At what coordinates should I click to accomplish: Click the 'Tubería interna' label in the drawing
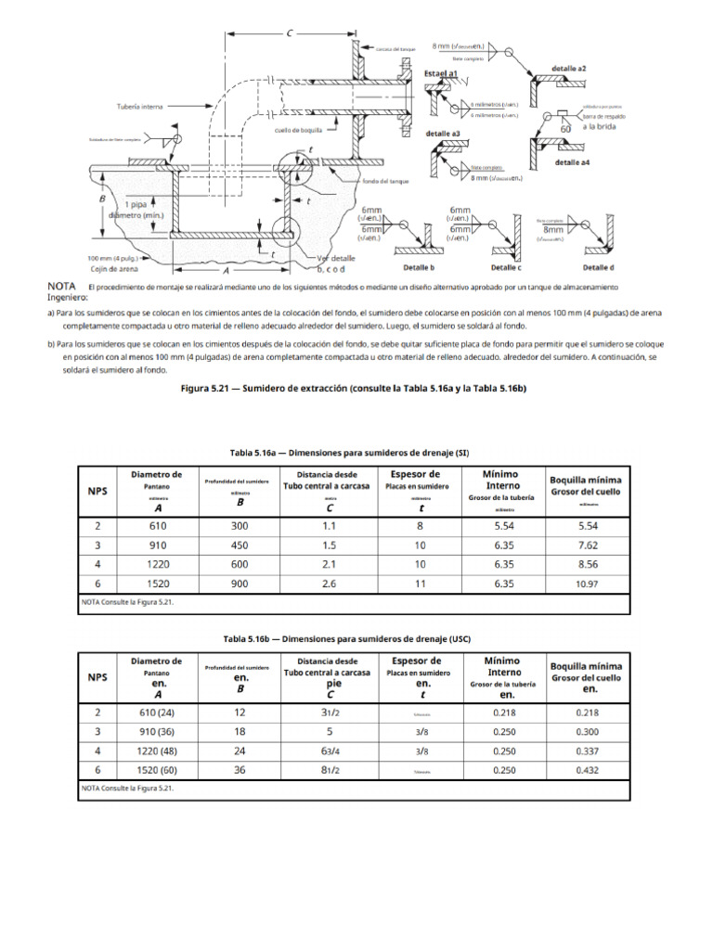(139, 107)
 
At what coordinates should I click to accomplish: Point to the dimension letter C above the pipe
(291, 34)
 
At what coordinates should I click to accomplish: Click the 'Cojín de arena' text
(110, 270)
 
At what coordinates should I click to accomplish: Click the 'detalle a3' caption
(443, 134)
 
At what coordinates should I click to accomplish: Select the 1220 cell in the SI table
(157, 563)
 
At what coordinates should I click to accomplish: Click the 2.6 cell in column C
(330, 584)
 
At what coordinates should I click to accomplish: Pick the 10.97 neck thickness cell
(586, 584)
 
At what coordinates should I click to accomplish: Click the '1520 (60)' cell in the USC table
(157, 770)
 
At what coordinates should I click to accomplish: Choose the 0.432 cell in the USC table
(586, 770)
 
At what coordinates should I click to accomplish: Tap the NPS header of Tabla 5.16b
(97, 676)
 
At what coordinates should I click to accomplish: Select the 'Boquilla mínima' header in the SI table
(586, 479)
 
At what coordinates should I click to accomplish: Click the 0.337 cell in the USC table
(586, 750)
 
